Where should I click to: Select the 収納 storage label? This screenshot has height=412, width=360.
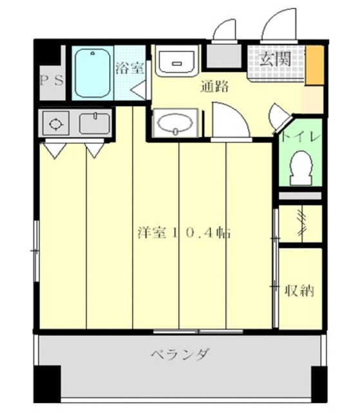pos(299,290)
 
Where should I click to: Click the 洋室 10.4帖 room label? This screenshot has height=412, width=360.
pos(184,233)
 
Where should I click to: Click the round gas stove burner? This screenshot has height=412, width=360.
pos(55,122)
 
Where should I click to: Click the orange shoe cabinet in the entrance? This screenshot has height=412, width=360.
pos(314,65)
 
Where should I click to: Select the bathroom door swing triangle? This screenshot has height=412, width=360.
pos(140,89)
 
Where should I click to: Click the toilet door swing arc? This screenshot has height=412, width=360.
pos(282,120)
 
